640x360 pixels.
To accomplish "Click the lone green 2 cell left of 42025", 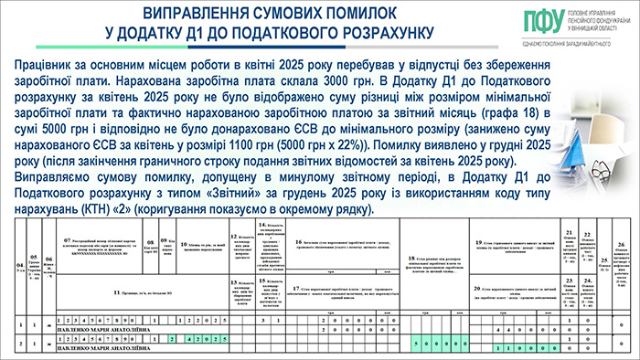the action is (171, 338).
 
